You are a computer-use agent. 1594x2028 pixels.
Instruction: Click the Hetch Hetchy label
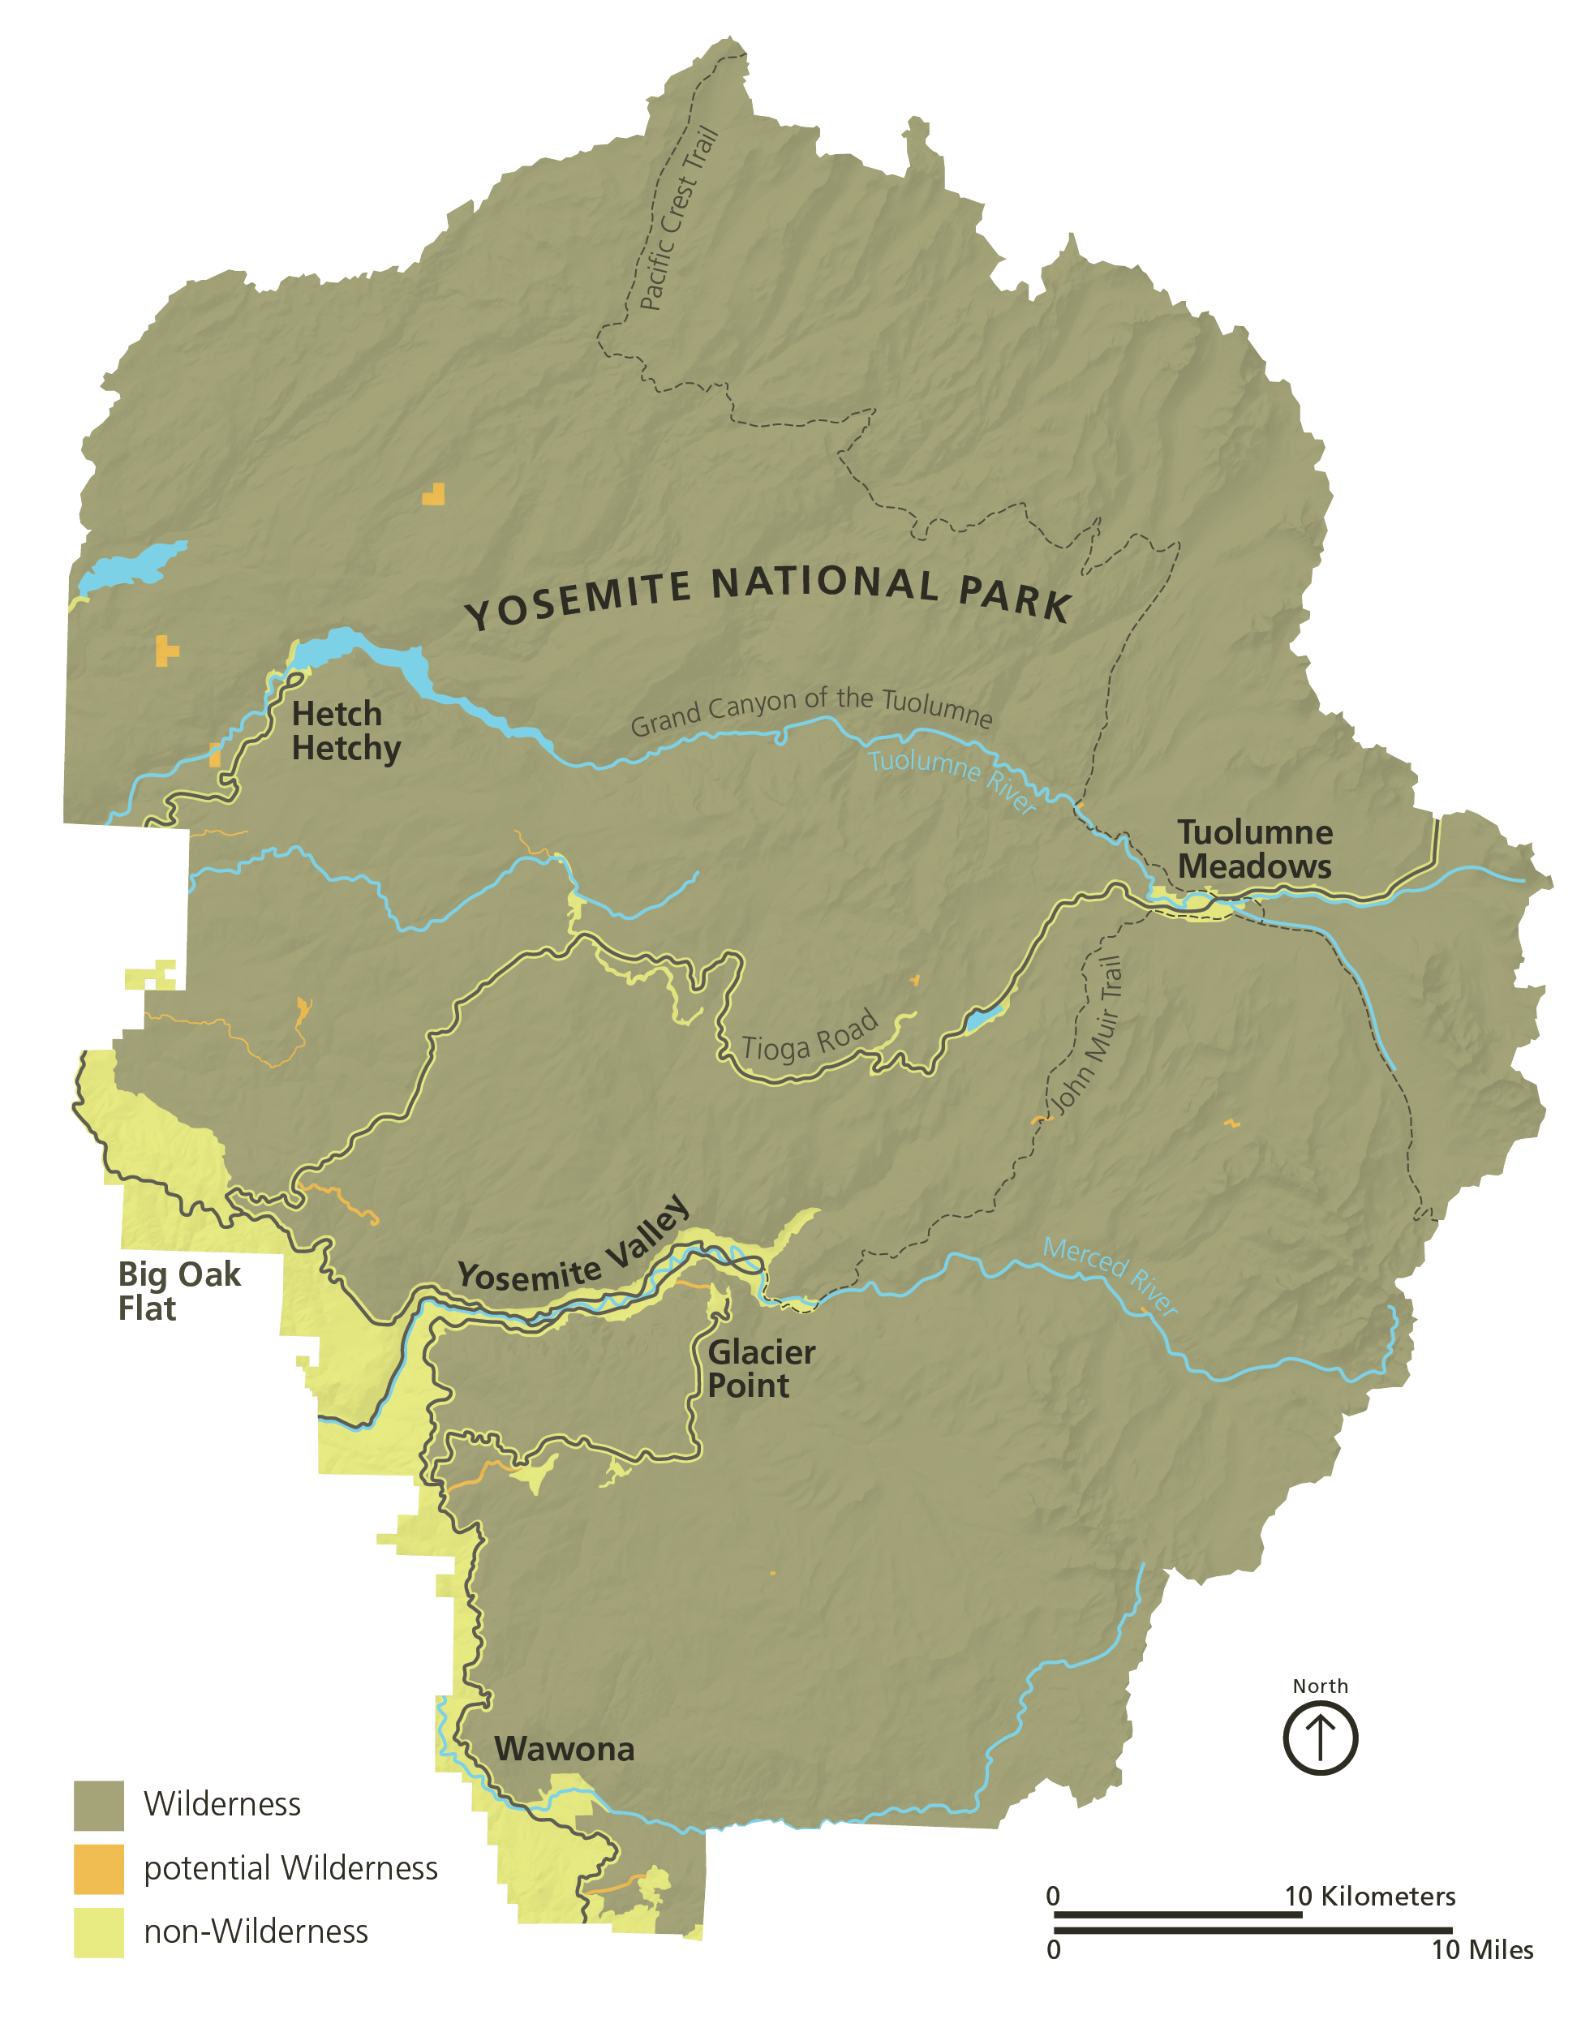click(x=346, y=731)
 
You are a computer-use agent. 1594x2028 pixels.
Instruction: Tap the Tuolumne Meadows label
click(x=1254, y=849)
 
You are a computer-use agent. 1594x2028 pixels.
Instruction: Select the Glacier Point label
click(x=761, y=1368)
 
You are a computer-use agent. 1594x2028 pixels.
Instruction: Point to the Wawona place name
click(x=564, y=1749)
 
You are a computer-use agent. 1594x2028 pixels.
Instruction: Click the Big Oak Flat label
click(x=178, y=1291)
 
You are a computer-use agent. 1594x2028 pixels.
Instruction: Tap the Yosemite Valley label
click(x=574, y=1251)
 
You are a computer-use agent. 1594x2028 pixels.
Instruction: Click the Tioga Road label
click(x=809, y=1036)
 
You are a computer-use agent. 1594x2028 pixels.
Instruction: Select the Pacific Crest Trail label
click(x=678, y=218)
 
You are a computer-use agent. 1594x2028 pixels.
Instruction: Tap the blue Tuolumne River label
click(x=952, y=780)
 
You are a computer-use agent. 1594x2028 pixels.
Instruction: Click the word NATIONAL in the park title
click(x=825, y=583)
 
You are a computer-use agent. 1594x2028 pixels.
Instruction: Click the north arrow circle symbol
click(x=1320, y=1738)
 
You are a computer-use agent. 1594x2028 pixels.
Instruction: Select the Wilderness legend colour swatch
click(x=99, y=1805)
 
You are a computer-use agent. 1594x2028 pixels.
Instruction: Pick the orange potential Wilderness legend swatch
click(x=99, y=1868)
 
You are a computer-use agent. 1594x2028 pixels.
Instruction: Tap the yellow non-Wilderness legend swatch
click(x=99, y=1931)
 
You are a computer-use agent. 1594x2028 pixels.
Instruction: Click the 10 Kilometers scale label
click(x=1369, y=1896)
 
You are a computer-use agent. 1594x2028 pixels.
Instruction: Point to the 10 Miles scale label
click(x=1482, y=1949)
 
